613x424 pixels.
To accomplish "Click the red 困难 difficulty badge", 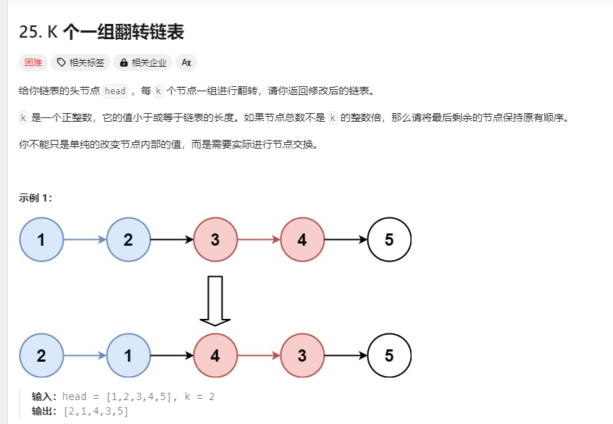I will coord(33,62).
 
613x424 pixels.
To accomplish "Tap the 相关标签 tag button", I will coord(80,62).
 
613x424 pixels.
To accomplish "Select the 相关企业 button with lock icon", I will coord(143,62).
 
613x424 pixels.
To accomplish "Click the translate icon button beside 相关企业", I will coord(186,62).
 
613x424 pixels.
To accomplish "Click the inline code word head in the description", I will coord(116,91).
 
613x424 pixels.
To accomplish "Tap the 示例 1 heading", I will coord(36,198).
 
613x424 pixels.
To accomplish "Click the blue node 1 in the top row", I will coord(41,240).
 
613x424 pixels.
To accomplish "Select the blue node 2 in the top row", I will coord(128,240).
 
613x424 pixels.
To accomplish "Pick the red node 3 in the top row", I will coord(215,240).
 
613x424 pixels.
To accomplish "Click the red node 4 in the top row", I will coord(302,240).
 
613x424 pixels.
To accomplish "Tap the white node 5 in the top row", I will coord(389,240).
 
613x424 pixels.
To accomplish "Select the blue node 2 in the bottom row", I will coord(41,356).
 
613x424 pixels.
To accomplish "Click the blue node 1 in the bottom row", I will coord(128,356).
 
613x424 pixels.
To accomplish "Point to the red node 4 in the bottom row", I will coord(215,356).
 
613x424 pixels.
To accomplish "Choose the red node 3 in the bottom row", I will coord(302,356).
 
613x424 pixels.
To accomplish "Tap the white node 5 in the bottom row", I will coord(389,356).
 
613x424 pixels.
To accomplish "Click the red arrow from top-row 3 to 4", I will coord(259,240).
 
